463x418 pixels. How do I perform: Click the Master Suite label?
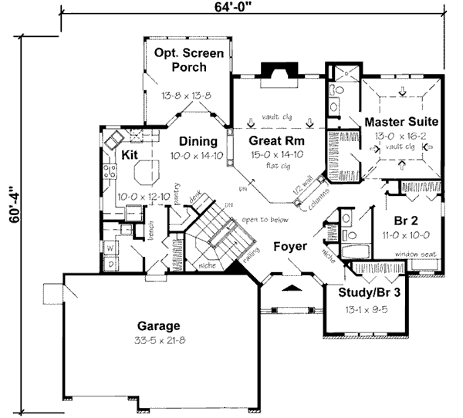tap(402, 122)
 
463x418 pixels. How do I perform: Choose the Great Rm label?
tap(274, 141)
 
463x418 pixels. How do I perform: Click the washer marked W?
tap(110, 248)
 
